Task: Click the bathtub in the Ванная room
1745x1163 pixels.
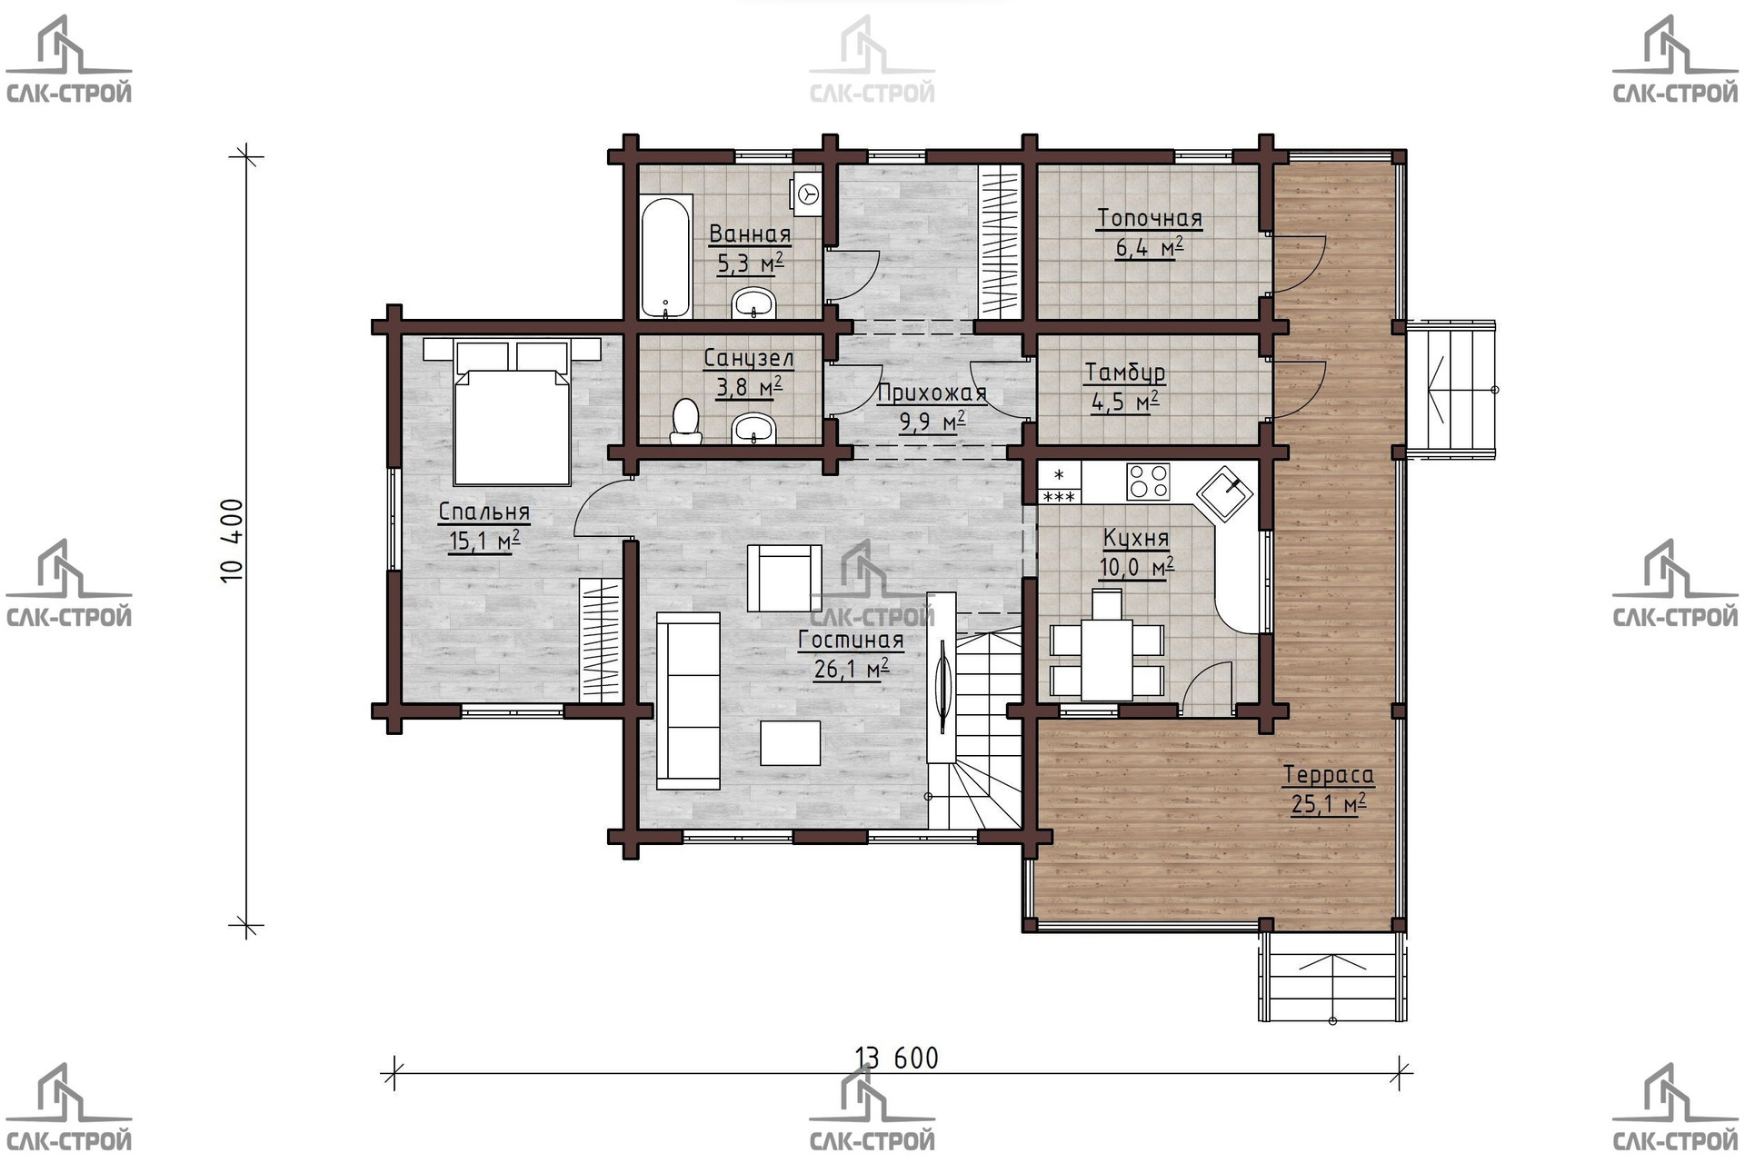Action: click(x=666, y=256)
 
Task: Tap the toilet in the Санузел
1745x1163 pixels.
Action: click(x=686, y=422)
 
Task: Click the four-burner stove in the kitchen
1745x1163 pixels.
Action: click(x=1149, y=482)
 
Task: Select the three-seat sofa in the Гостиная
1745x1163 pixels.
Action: click(x=689, y=701)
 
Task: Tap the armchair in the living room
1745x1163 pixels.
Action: click(x=784, y=578)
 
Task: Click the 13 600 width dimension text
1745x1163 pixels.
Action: click(x=896, y=1059)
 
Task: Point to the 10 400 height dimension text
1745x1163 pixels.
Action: click(x=232, y=540)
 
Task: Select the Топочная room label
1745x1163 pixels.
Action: click(x=1150, y=218)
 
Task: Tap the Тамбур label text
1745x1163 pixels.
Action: click(x=1125, y=373)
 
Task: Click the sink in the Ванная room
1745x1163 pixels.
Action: click(x=754, y=303)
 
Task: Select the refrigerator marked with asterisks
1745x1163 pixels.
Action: click(x=1060, y=483)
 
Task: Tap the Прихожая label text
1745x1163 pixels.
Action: click(x=932, y=393)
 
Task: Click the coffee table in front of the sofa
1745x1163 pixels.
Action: click(x=791, y=742)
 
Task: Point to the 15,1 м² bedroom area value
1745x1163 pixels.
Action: click(x=484, y=542)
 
